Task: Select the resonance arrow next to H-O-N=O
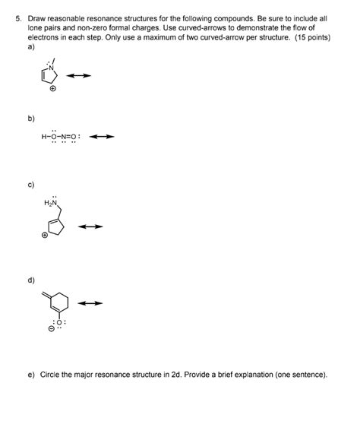click(101, 138)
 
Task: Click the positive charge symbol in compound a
click(52, 89)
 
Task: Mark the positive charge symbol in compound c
click(46, 236)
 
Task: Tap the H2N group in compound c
click(51, 203)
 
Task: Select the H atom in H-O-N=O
click(45, 138)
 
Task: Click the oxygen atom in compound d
click(60, 323)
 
